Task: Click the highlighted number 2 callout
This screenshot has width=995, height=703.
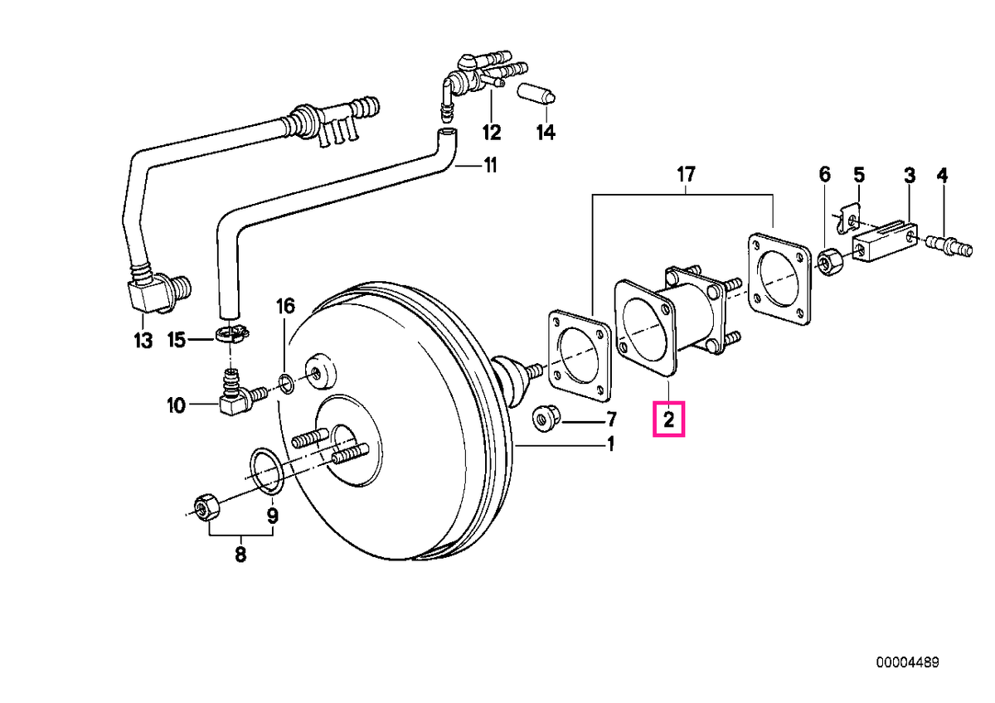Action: pyautogui.click(x=668, y=419)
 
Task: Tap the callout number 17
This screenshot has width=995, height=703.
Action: pyautogui.click(x=686, y=175)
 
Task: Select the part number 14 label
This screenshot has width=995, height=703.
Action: pyautogui.click(x=546, y=132)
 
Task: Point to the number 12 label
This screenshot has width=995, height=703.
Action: pyautogui.click(x=491, y=132)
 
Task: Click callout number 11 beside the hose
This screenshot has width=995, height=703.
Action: pyautogui.click(x=489, y=166)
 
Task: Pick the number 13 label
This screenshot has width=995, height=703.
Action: pyautogui.click(x=143, y=341)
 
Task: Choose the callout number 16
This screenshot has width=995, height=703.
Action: pyautogui.click(x=285, y=306)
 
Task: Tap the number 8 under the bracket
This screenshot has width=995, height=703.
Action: pyautogui.click(x=240, y=555)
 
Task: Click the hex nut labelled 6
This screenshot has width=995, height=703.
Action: pyautogui.click(x=828, y=263)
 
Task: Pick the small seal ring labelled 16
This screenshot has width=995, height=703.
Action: pyautogui.click(x=287, y=384)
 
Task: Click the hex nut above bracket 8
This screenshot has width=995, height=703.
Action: pyautogui.click(x=206, y=507)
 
